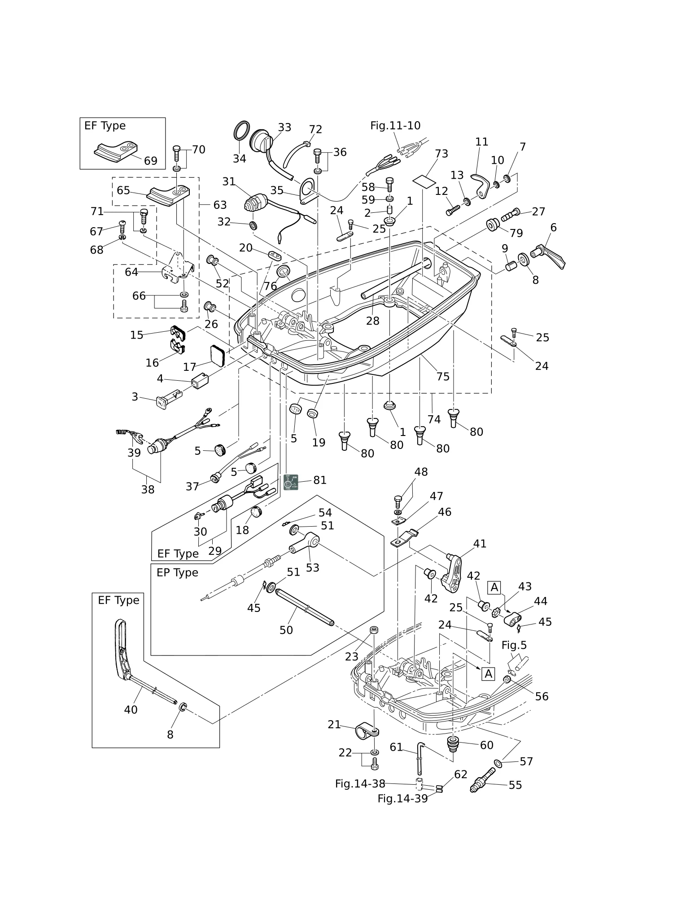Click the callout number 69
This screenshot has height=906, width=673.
[x=151, y=161]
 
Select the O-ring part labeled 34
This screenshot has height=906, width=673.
[x=241, y=131]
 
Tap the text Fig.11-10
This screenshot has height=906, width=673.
[x=395, y=126]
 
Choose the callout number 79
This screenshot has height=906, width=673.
[x=516, y=233]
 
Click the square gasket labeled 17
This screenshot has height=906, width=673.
[x=219, y=356]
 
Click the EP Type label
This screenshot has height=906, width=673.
[x=177, y=573]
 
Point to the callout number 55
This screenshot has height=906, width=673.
[x=515, y=785]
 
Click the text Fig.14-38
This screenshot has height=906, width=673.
[x=360, y=783]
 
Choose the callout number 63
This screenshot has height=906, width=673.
[x=220, y=205]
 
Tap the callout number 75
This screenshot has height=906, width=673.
[x=443, y=376]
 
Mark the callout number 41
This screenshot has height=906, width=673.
[x=480, y=544]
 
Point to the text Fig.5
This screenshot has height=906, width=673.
[x=514, y=645]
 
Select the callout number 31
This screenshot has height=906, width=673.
[x=229, y=181]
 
